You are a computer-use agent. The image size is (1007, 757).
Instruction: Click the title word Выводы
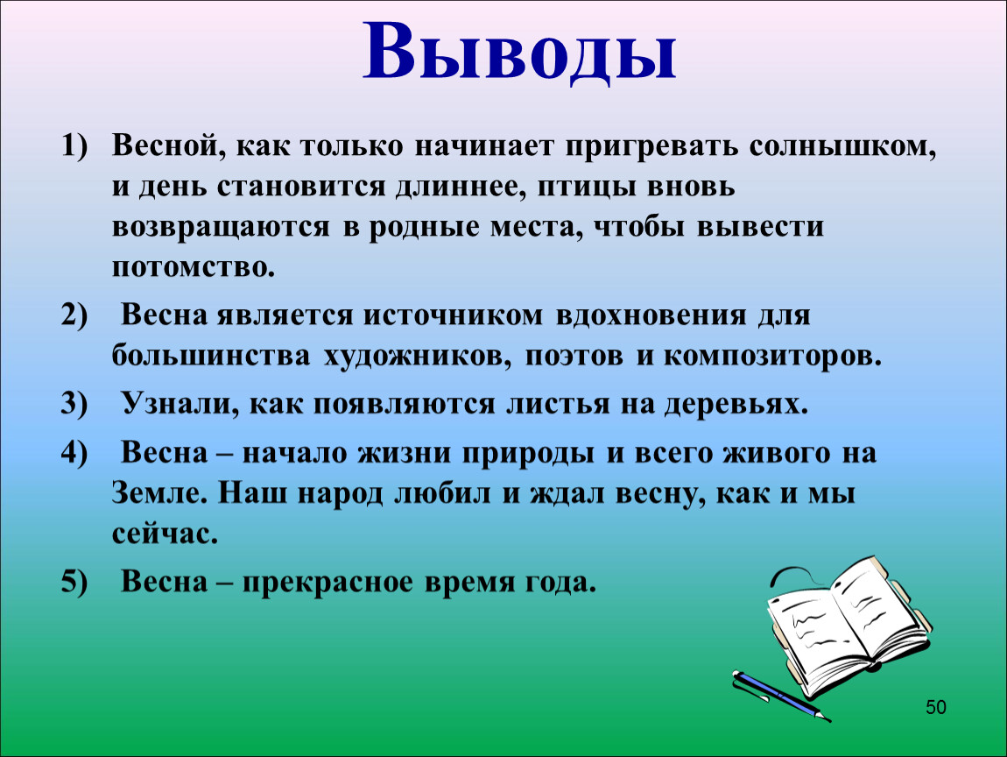[519, 53]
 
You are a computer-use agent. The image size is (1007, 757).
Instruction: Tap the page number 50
[936, 707]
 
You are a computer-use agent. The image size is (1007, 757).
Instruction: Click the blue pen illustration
[781, 696]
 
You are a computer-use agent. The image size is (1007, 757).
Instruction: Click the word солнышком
[842, 147]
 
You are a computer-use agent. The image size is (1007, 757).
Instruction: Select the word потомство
[194, 266]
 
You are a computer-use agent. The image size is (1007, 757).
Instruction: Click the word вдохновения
[651, 315]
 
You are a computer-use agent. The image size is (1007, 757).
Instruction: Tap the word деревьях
[736, 405]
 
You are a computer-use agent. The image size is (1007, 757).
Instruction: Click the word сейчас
[165, 534]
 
